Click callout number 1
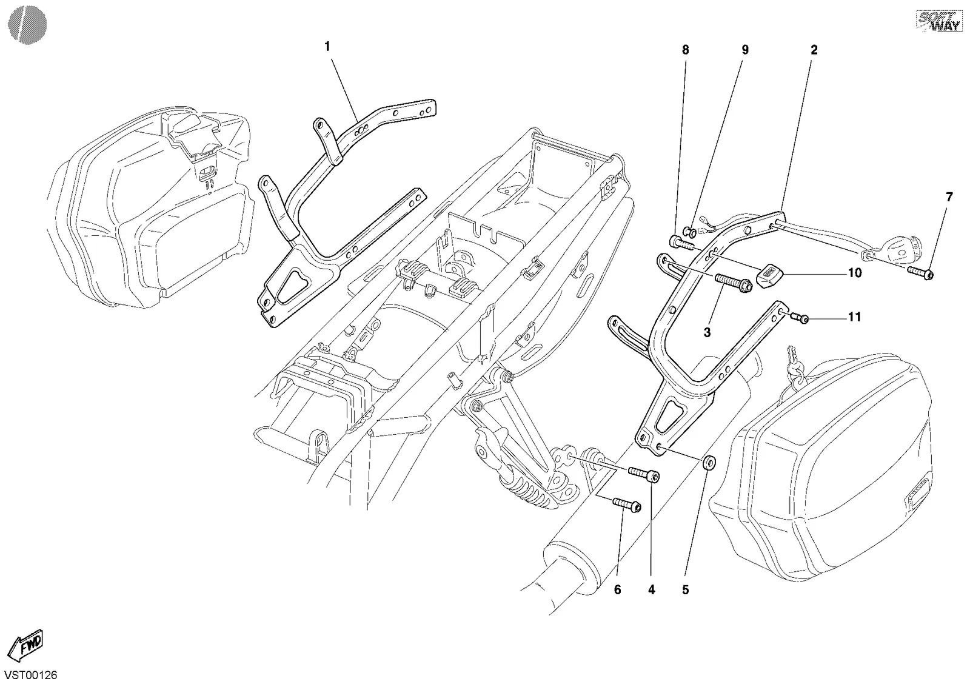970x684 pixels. click(327, 46)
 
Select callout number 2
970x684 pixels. click(814, 50)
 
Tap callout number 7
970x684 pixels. click(949, 198)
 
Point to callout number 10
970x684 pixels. click(855, 273)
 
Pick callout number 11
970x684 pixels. click(854, 317)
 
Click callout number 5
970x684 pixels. click(686, 589)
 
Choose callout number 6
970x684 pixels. click(618, 589)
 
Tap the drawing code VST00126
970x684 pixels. click(31, 675)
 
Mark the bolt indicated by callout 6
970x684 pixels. click(627, 505)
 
